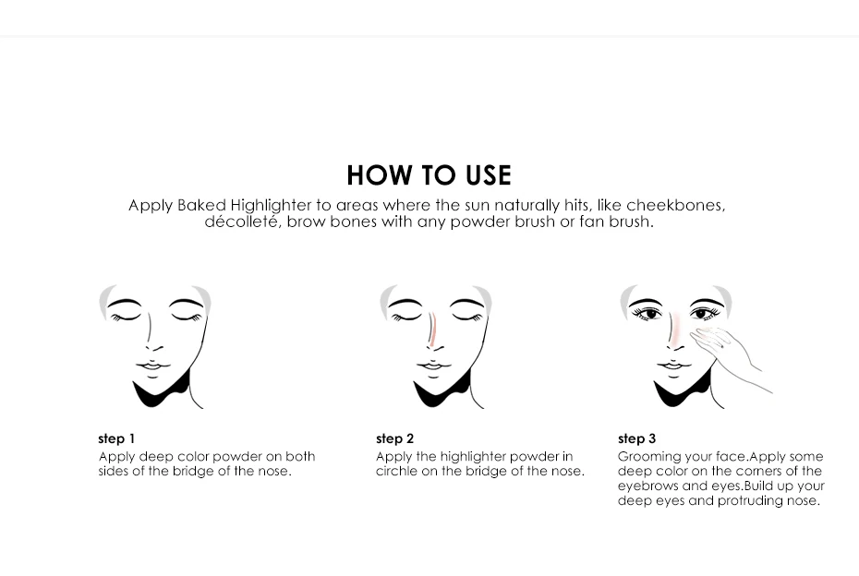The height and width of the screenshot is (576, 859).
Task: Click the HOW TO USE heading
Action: click(x=429, y=175)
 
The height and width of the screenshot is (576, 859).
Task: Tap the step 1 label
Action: click(x=116, y=439)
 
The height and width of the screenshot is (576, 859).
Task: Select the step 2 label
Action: click(x=394, y=439)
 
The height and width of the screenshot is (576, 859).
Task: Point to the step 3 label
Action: click(x=636, y=439)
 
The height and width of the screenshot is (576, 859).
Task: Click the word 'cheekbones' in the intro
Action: click(x=675, y=205)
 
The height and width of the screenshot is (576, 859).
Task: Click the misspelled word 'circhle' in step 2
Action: click(x=396, y=471)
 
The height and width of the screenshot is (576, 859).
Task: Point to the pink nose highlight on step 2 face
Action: click(x=433, y=330)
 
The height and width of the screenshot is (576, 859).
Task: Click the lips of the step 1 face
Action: click(x=152, y=366)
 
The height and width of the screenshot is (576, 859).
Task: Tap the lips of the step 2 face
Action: click(x=433, y=366)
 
